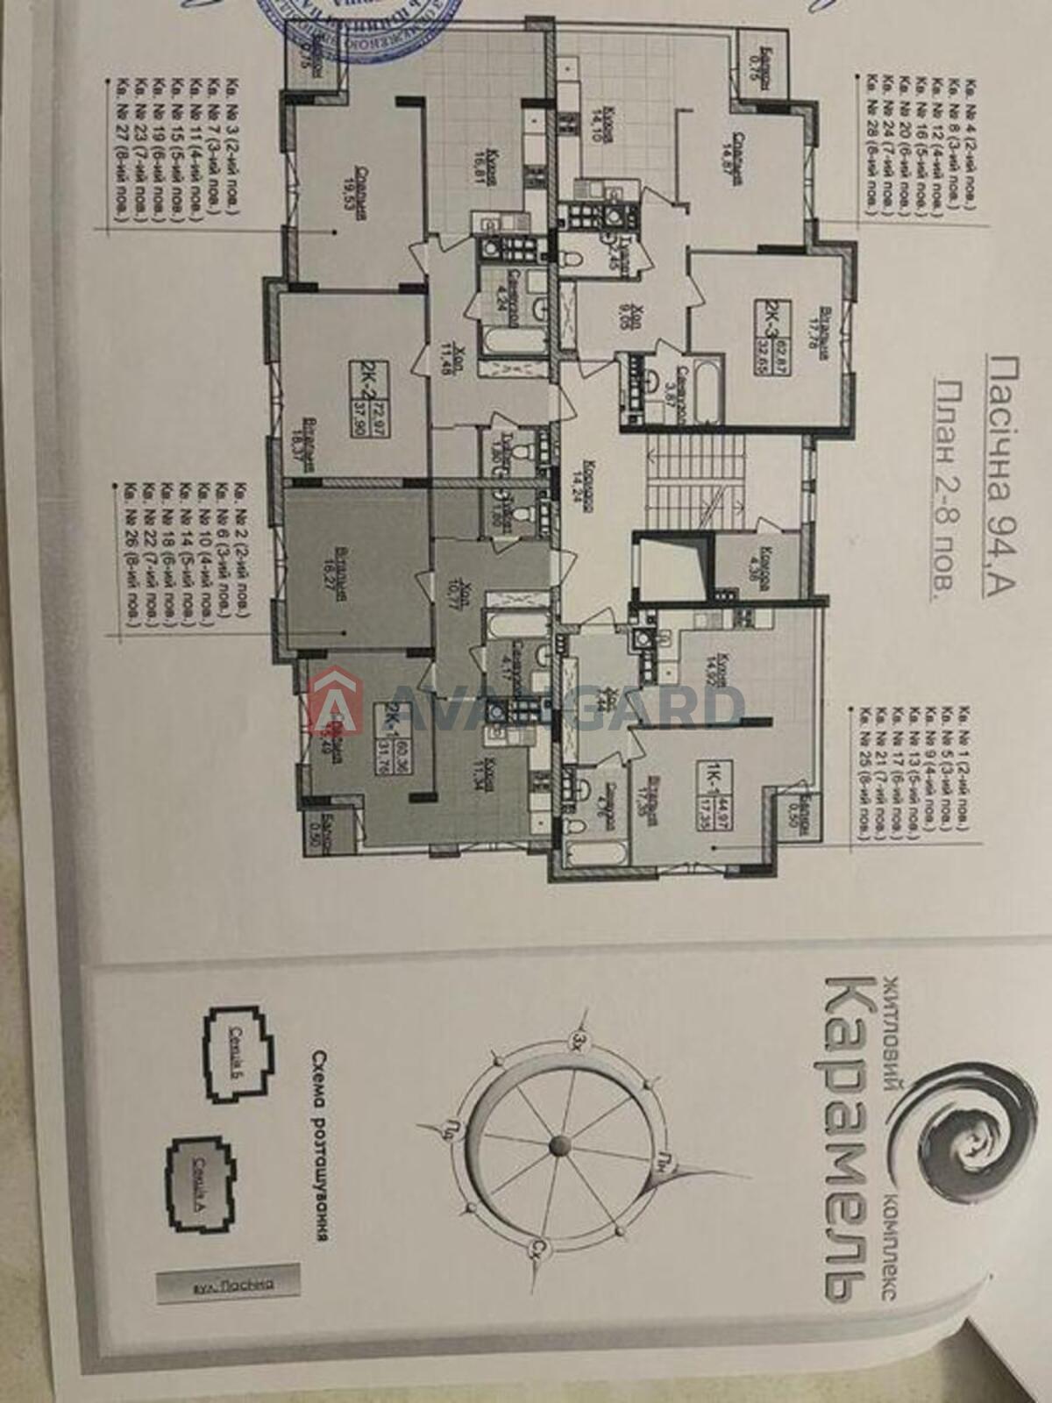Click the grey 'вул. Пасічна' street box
[x=226, y=1284]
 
